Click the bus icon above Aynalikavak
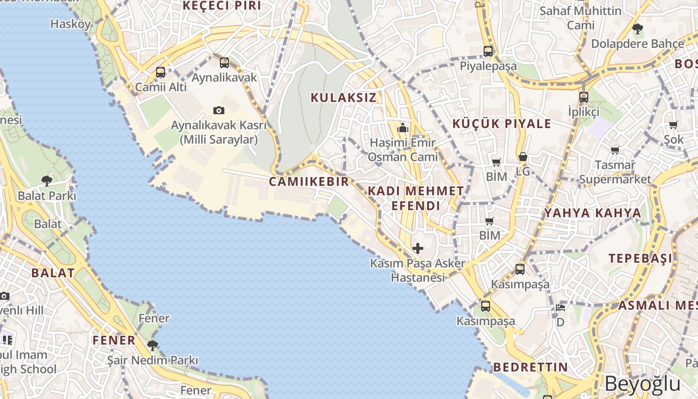[224, 63]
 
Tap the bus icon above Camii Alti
[161, 72]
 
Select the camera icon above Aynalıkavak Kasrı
[218, 110]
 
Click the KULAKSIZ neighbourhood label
[344, 97]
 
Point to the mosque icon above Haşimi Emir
[403, 128]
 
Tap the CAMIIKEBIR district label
[309, 182]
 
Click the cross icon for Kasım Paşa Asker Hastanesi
[418, 248]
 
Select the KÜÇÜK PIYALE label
[502, 124]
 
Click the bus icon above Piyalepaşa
[488, 51]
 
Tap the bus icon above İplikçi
[584, 97]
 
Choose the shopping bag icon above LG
[523, 157]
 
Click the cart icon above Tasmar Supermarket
[615, 150]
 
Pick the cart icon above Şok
[674, 125]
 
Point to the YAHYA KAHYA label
[592, 213]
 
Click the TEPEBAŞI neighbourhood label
[640, 258]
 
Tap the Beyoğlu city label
[643, 384]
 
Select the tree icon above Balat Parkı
[47, 181]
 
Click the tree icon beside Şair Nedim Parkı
[153, 345]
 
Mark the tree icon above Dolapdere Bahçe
[637, 29]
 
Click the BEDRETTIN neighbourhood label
[530, 368]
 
